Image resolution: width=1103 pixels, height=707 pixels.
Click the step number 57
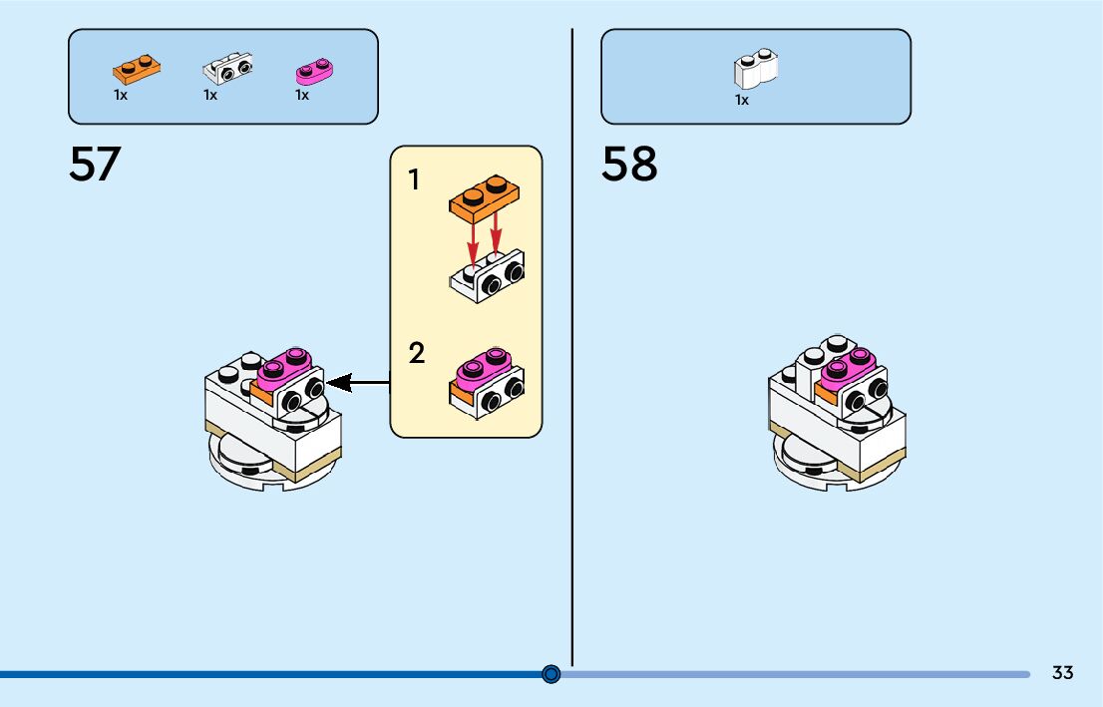[95, 165]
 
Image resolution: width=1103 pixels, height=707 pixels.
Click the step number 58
[629, 165]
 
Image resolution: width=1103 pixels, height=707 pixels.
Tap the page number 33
[1062, 673]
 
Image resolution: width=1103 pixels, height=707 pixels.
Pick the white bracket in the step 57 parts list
[228, 68]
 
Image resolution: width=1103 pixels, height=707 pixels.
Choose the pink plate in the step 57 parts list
[315, 70]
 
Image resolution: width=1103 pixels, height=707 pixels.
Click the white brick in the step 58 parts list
[756, 68]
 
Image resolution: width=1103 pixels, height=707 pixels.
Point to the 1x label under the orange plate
[121, 96]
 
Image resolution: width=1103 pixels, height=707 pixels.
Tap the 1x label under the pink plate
[302, 96]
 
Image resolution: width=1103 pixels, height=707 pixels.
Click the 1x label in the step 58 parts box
[742, 100]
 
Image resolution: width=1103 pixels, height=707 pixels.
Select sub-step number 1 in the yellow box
[414, 181]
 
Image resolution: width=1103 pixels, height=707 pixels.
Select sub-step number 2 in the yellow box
[416, 353]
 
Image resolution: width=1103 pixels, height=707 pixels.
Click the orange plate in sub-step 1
[486, 197]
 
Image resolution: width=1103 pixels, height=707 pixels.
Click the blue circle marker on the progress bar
[551, 674]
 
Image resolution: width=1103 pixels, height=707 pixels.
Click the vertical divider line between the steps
[572, 399]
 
